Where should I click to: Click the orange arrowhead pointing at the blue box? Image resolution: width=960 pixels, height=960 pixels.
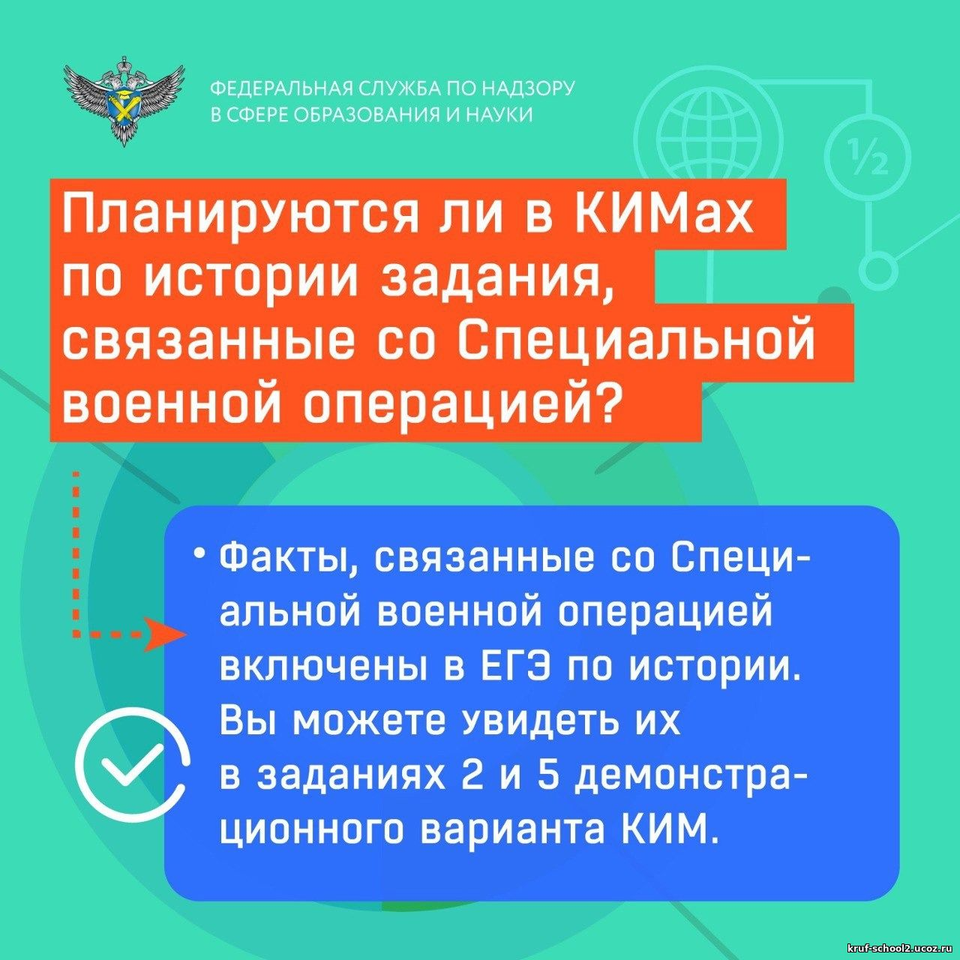[164, 634]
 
